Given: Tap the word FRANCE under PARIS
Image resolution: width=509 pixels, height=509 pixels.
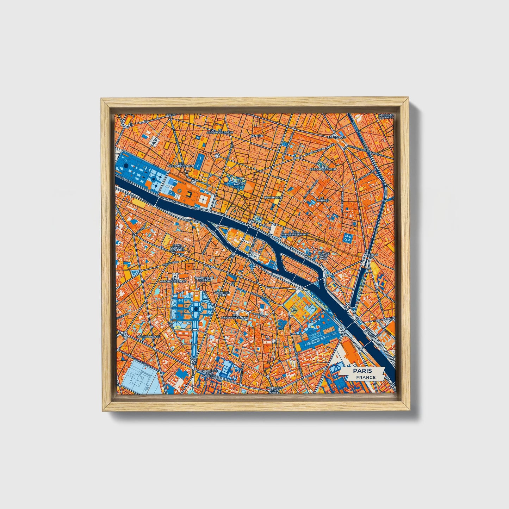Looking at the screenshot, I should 365,377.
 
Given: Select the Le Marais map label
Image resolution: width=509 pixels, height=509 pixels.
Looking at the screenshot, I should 322,199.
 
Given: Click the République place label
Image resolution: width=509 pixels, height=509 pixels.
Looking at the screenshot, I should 337,137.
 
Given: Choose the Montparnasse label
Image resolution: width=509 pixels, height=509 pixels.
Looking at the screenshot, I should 148,337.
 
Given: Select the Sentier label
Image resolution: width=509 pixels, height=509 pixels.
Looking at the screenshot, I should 257,136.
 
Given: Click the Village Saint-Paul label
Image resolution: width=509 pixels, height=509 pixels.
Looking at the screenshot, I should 323,255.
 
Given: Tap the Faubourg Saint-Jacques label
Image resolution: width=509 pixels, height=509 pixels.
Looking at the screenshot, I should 211,373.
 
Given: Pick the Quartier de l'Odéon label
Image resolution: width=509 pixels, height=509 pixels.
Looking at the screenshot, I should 204,279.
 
